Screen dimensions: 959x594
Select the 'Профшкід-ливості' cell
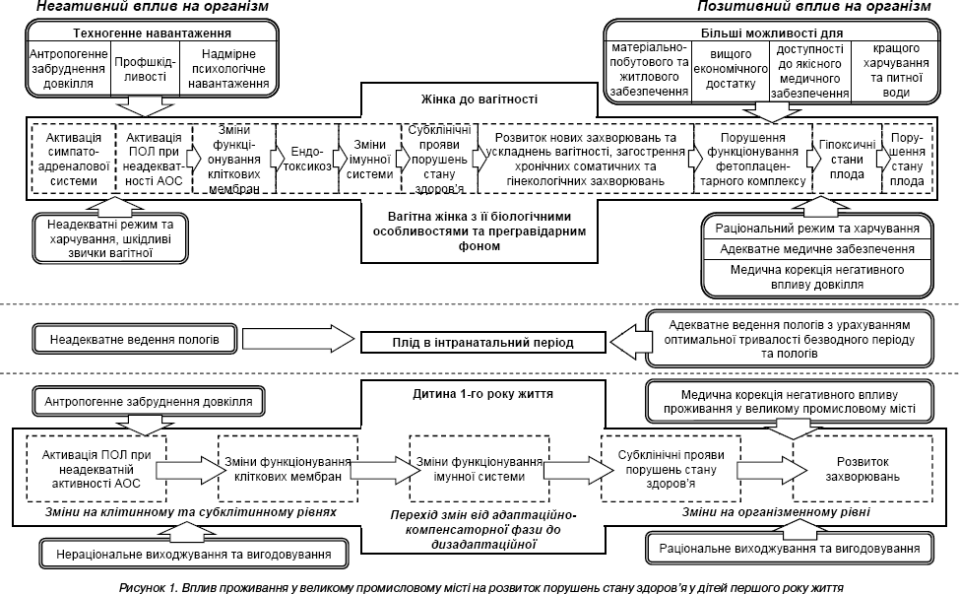pyautogui.click(x=145, y=69)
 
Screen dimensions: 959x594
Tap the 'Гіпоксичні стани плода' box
pyautogui.click(x=847, y=159)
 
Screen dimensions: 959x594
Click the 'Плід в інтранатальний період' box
pyautogui.click(x=482, y=342)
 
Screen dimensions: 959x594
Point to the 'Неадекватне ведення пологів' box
pyautogui.click(x=135, y=339)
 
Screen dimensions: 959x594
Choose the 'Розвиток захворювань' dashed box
pyautogui.click(x=863, y=469)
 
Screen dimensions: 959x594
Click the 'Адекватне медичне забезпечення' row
pyautogui.click(x=817, y=249)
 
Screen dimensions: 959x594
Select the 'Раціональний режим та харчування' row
pyautogui.click(x=817, y=229)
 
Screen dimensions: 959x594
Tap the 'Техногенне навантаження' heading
pyautogui.click(x=153, y=33)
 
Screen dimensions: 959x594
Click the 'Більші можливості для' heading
pyautogui.click(x=772, y=33)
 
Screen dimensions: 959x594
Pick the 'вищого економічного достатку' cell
pyautogui.click(x=731, y=69)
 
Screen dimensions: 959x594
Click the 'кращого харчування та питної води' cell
pyautogui.click(x=896, y=70)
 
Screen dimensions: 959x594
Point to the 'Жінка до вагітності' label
pyautogui.click(x=479, y=99)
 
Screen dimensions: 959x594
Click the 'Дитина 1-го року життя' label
pyautogui.click(x=482, y=394)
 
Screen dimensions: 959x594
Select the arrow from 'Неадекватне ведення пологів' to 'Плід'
pyautogui.click(x=298, y=338)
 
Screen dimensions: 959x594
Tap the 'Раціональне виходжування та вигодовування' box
pyautogui.click(x=790, y=548)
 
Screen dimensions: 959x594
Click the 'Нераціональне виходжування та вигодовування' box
pyautogui.click(x=194, y=555)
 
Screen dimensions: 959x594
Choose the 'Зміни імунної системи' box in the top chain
pyautogui.click(x=369, y=159)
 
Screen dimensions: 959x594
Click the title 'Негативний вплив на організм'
pyautogui.click(x=153, y=7)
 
